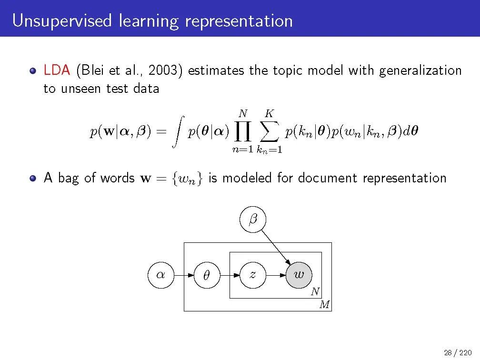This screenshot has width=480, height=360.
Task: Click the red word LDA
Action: coord(57,71)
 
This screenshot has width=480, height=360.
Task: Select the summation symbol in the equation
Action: coord(269,131)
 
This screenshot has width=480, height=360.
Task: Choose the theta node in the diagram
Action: coord(206,275)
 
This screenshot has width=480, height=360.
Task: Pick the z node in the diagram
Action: coord(252,275)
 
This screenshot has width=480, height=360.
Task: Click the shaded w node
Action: coord(299,275)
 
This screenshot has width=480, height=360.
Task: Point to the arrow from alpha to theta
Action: coord(183,275)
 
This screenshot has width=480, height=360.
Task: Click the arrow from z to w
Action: coord(276,275)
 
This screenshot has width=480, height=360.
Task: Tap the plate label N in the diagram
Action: coord(315,291)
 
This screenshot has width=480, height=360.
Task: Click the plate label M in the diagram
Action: coord(324,304)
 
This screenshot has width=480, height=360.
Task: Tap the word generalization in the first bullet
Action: coord(420,71)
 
